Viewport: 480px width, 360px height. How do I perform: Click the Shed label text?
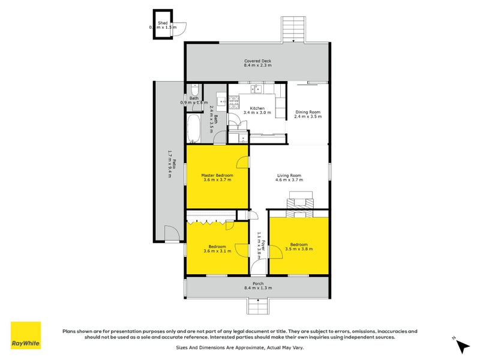(162, 23)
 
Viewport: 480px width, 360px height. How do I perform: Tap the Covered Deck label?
(258, 61)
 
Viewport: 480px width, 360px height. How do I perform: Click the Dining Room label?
(308, 112)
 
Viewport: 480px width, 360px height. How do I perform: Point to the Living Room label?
(289, 175)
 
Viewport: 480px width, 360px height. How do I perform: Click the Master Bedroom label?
(217, 175)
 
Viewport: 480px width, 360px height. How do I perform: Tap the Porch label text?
(258, 283)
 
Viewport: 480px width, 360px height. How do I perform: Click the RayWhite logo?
(26, 335)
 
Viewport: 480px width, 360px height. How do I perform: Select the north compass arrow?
(461, 346)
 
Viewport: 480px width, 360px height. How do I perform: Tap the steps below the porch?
(258, 307)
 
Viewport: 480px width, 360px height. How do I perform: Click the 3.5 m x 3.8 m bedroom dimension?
(299, 248)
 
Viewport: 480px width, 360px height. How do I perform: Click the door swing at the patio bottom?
(171, 233)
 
